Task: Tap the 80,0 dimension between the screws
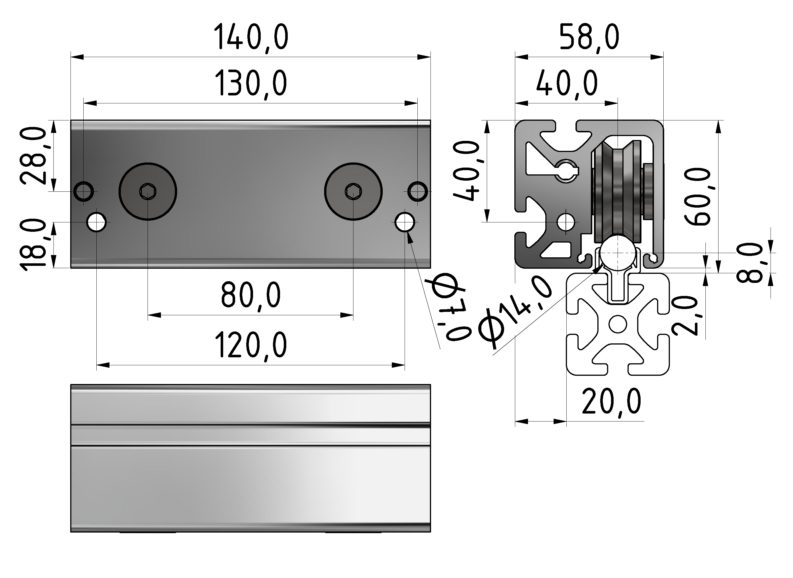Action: click(x=251, y=296)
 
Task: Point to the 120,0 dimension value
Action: click(x=251, y=346)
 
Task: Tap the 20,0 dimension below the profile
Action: click(x=611, y=402)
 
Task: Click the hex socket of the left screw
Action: click(x=148, y=192)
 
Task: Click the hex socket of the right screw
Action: click(x=353, y=192)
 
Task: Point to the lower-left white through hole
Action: click(x=97, y=222)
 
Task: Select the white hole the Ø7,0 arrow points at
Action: click(x=405, y=222)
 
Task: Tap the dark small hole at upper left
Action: click(x=84, y=191)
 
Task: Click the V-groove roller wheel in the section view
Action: click(x=617, y=191)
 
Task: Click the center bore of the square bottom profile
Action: click(x=618, y=324)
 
